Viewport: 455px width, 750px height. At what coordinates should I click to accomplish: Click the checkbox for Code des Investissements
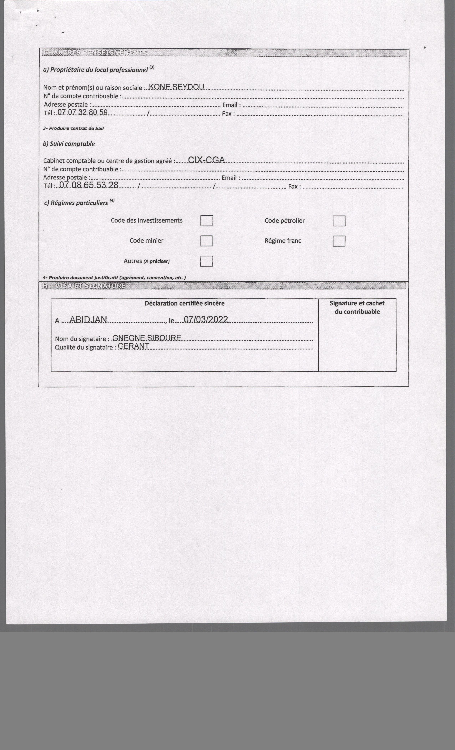(x=206, y=221)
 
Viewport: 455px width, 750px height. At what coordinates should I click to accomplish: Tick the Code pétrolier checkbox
(x=339, y=221)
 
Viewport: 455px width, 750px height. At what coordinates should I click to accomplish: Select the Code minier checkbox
(x=206, y=241)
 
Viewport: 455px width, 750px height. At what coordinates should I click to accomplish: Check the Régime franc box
(x=339, y=241)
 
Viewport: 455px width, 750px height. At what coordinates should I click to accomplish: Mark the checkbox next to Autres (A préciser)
(x=206, y=261)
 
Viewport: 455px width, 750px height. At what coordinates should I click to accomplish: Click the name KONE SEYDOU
(x=176, y=87)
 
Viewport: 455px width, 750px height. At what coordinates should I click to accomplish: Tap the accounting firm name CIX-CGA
(x=206, y=160)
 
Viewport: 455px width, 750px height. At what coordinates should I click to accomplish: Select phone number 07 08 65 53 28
(x=89, y=185)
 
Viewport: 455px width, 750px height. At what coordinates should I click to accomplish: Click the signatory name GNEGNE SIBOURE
(x=147, y=338)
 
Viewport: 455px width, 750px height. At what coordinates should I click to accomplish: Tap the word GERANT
(x=133, y=346)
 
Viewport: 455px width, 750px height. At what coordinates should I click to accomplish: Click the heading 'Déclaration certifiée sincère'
(x=185, y=303)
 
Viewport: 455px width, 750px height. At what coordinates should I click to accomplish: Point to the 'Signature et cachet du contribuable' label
(x=357, y=307)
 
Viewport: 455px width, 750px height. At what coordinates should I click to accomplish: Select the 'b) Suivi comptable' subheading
(x=69, y=144)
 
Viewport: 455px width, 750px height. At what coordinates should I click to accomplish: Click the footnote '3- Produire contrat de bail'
(x=73, y=128)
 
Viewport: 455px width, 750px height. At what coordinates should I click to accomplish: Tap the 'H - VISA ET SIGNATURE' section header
(x=84, y=286)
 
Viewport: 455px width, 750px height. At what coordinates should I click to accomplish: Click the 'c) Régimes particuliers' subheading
(x=76, y=203)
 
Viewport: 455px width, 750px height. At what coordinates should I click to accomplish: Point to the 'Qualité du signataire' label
(x=85, y=347)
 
